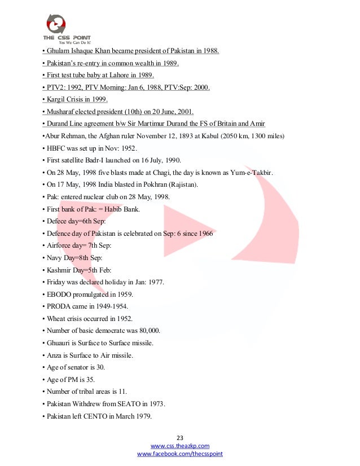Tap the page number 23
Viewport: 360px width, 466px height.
coord(180,438)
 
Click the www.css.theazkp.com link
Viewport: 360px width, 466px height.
coord(180,446)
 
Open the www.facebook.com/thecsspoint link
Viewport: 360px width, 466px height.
coord(180,454)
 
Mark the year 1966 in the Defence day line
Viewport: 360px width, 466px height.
coord(204,234)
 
